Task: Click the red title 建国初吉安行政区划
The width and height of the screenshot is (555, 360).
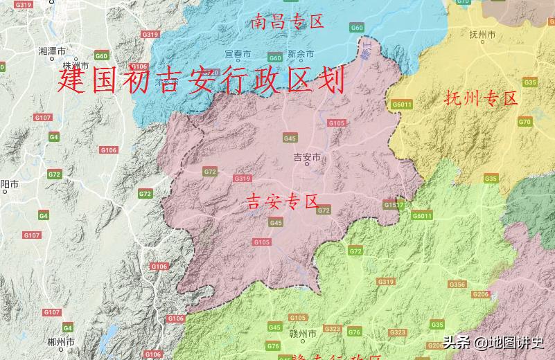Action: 201,81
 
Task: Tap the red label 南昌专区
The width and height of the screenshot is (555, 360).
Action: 288,21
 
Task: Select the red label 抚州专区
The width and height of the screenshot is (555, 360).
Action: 481,98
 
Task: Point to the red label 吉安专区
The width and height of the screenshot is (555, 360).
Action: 282,202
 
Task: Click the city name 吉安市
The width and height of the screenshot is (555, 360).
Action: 307,157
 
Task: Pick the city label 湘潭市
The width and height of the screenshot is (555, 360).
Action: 52,51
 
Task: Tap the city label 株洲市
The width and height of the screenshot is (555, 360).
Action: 86,67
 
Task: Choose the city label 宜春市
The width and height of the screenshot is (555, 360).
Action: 237,54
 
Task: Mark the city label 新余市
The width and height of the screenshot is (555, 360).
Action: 301,54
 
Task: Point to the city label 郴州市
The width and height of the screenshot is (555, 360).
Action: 61,341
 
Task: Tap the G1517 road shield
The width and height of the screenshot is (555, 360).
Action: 393,205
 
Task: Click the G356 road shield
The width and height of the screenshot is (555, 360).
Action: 457,285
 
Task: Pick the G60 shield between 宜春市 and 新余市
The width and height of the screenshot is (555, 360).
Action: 275,57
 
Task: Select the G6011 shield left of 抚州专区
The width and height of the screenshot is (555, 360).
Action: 402,105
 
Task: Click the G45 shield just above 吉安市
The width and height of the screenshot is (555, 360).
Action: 290,138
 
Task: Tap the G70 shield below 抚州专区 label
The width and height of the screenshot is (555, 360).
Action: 525,122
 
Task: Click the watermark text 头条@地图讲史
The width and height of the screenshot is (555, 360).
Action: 493,342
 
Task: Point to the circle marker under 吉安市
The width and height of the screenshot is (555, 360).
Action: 307,165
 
